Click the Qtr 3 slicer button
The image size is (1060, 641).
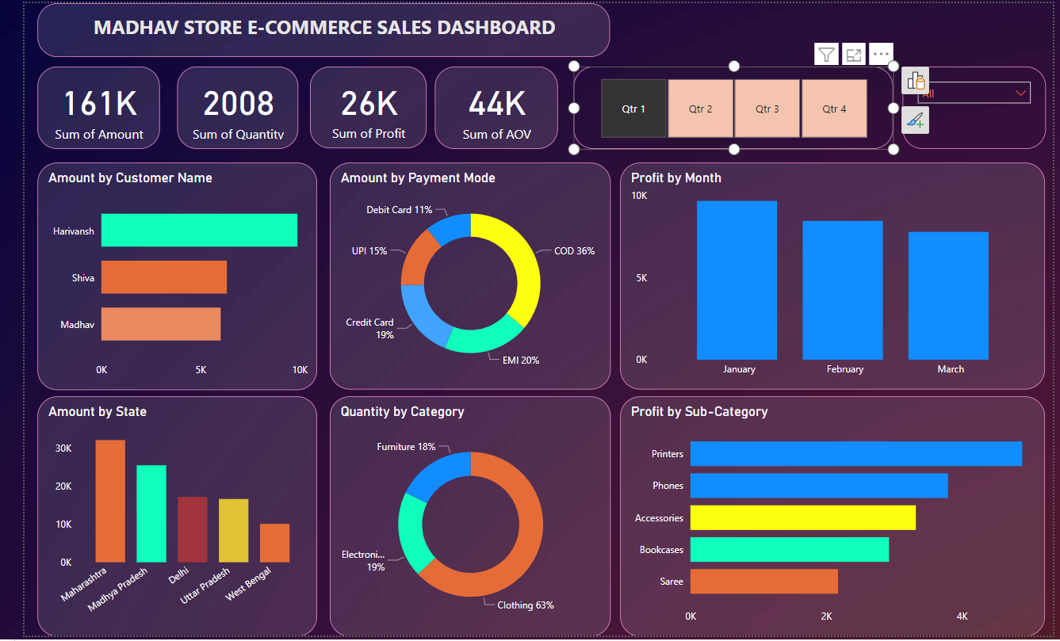[767, 109]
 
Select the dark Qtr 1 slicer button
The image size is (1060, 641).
[633, 109]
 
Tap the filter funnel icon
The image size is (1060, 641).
[826, 54]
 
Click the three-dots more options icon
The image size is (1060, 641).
[881, 54]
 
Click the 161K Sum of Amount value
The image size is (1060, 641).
[99, 104]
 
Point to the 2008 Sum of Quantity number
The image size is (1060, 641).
[238, 104]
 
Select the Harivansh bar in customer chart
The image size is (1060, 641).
[199, 231]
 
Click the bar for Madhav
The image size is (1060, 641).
[160, 325]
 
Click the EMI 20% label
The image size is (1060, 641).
[521, 360]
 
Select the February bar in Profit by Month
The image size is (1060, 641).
[842, 290]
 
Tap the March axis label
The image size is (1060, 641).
[950, 369]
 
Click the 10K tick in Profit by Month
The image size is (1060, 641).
[639, 196]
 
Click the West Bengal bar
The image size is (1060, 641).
[274, 543]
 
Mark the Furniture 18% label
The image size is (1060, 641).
[406, 447]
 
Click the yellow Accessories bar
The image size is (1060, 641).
[802, 517]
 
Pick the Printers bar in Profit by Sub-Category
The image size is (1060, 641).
[855, 454]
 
